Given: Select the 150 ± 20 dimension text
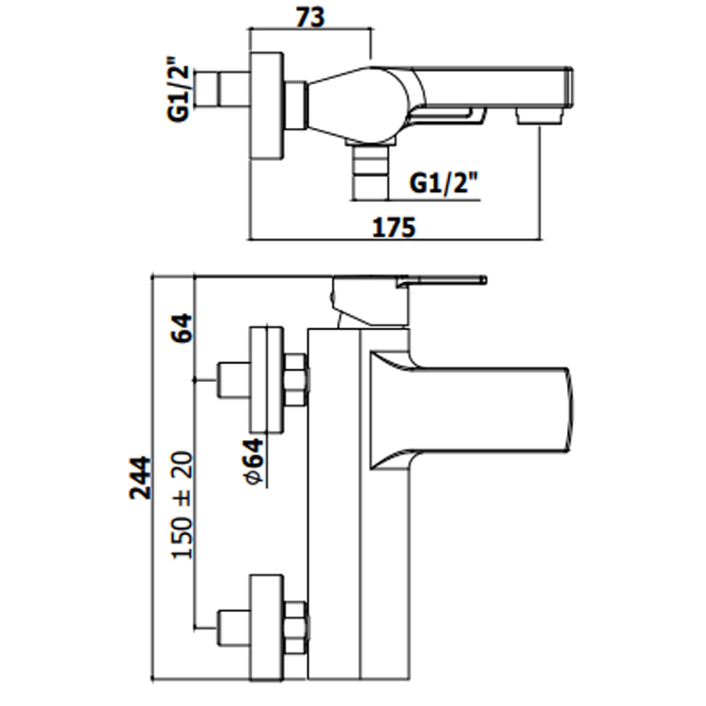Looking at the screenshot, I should pos(182,505).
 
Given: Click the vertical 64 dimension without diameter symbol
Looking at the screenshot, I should pos(182,328).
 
